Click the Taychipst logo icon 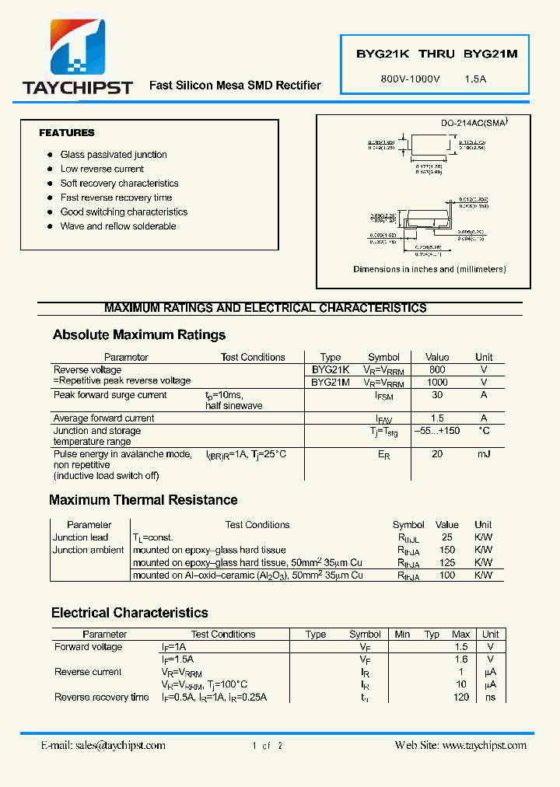click(78, 48)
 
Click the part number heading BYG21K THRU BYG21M click(436, 54)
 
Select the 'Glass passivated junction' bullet click(114, 155)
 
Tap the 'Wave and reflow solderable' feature click(118, 226)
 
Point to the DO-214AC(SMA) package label click(474, 123)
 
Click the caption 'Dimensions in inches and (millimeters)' click(429, 269)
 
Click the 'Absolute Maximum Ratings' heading click(139, 335)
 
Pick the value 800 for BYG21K click(437, 370)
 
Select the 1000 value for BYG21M click(437, 383)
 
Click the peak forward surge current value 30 click(437, 395)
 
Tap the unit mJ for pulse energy click(484, 454)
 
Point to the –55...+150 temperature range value click(437, 431)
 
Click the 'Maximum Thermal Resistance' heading click(143, 500)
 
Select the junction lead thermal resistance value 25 click(446, 537)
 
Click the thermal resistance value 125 click(446, 562)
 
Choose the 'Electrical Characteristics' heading click(130, 613)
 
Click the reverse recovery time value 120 click(461, 697)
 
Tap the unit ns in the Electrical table click(490, 697)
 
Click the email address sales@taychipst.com click(121, 745)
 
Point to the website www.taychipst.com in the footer click(484, 745)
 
